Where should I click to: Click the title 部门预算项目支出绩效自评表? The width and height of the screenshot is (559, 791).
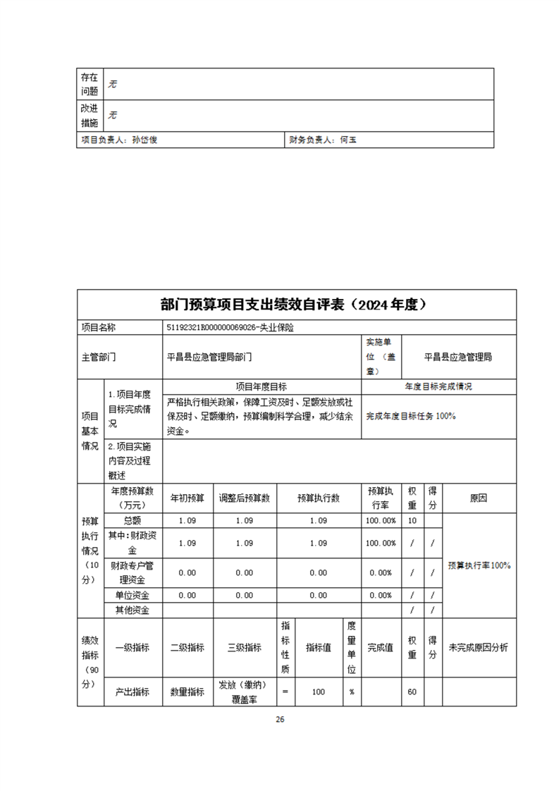pos(295,305)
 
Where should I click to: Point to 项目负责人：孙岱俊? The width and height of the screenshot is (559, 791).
pos(118,140)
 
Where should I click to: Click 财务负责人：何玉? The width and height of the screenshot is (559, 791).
pos(323,140)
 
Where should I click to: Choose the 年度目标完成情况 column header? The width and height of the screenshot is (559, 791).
pos(438,387)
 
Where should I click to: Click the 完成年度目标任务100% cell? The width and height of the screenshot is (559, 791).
pos(412,416)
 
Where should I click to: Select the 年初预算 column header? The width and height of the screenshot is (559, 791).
pos(188,498)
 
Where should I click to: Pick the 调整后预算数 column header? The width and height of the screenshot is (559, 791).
pos(244,498)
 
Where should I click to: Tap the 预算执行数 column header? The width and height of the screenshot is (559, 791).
pos(319,498)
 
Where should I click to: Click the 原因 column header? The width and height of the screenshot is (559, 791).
pos(479,498)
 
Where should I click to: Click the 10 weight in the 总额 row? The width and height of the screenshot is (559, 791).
pos(412,520)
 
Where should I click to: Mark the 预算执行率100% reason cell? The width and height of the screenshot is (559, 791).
pos(479,565)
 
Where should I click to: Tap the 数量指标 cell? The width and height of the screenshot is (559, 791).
pos(188,692)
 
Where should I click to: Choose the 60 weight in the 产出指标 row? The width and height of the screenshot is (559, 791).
pos(412,692)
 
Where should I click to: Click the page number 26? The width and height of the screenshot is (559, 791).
pos(280,719)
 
